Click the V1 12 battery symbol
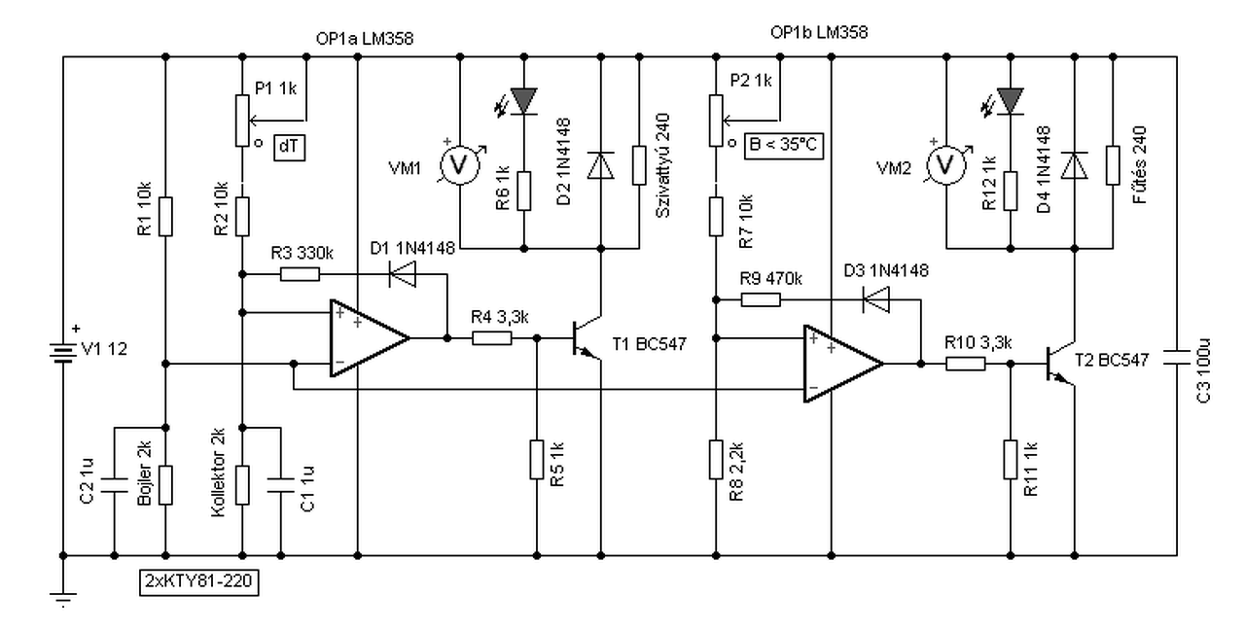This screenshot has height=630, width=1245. pyautogui.click(x=63, y=353)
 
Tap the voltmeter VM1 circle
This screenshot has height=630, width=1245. pyautogui.click(x=459, y=165)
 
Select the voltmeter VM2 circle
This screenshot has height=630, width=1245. pyautogui.click(x=946, y=165)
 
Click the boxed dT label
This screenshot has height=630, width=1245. pyautogui.click(x=289, y=147)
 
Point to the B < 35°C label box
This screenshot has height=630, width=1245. pyautogui.click(x=784, y=146)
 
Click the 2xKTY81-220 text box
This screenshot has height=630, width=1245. pyautogui.click(x=199, y=582)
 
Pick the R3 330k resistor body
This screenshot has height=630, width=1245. pyautogui.click(x=300, y=274)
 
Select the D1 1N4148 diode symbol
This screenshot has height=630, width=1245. pyautogui.click(x=403, y=274)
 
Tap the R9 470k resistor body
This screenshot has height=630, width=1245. pyautogui.click(x=761, y=300)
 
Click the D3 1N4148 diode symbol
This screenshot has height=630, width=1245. pyautogui.click(x=876, y=300)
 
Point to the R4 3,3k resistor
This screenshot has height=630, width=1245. pyautogui.click(x=492, y=338)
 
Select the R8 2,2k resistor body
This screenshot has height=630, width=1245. pyautogui.click(x=716, y=460)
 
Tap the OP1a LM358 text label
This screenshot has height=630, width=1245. pyautogui.click(x=365, y=39)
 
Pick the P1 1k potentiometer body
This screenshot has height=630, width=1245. pyautogui.click(x=242, y=121)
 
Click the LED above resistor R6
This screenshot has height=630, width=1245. pyautogui.click(x=523, y=101)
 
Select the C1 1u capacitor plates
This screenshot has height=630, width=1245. pyautogui.click(x=281, y=485)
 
